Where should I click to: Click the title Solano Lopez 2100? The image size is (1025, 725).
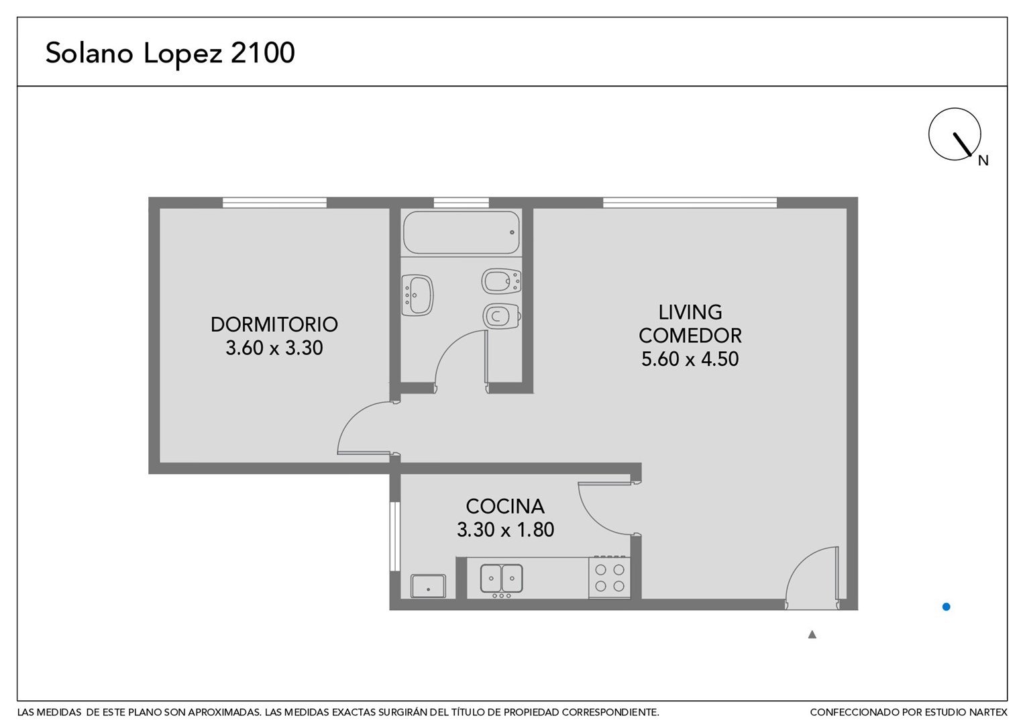170,54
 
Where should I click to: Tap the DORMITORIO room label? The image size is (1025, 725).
274,325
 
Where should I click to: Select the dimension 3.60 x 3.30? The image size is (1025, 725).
274,348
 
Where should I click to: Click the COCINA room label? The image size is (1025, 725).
505,507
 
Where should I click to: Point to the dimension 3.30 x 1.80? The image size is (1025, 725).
505,530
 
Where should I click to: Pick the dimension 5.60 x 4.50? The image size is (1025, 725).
690,359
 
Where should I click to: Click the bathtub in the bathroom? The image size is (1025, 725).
462,232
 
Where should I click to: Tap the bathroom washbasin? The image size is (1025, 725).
417,295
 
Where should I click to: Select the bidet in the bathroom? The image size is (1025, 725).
502,281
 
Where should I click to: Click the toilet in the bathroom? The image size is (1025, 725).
502,316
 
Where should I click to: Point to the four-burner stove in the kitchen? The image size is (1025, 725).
610,577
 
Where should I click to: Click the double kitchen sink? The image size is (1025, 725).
502,579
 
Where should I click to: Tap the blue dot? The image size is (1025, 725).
947,607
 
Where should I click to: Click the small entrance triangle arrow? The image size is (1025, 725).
812,635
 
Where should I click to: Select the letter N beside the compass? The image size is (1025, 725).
983,160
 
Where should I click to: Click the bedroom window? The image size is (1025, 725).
274,203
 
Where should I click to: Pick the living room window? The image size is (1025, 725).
690,203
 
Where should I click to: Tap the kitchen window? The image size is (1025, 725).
395,536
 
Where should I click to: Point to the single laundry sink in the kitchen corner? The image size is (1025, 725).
428,586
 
